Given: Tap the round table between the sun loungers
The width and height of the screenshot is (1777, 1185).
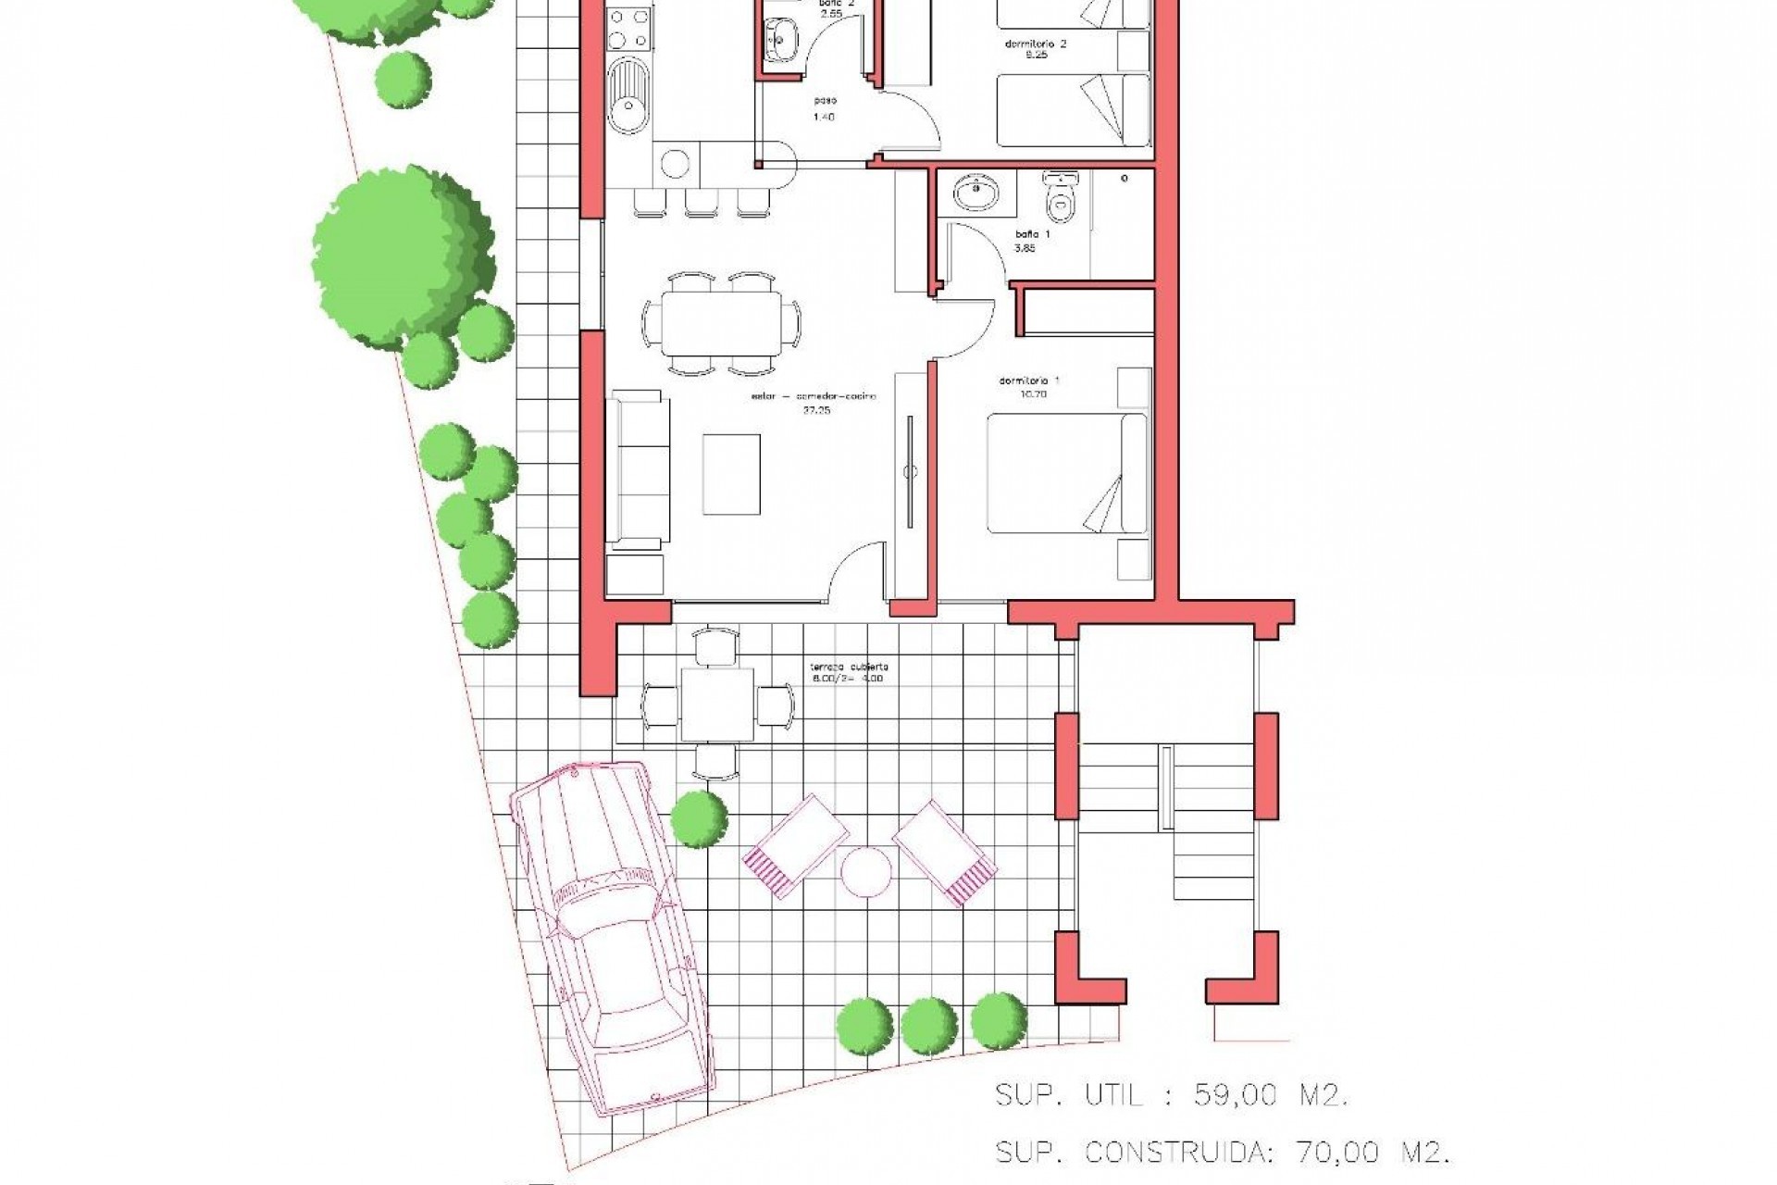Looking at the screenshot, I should pos(866,871).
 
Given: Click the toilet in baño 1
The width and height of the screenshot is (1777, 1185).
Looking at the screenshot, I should pos(1060,193).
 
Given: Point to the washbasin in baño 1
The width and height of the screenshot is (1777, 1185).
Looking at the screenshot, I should pos(975,193).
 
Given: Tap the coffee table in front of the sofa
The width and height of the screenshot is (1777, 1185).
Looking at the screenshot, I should pos(731,473).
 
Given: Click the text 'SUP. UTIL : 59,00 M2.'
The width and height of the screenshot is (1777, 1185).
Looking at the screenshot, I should pos(1171,1096).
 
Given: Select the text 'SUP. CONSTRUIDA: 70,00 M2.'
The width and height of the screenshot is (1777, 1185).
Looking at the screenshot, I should pos(1221,1153).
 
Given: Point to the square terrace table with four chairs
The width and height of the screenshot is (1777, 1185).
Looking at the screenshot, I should pos(717,705).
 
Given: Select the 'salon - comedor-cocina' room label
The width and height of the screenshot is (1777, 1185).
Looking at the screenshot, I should pos(813,402).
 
